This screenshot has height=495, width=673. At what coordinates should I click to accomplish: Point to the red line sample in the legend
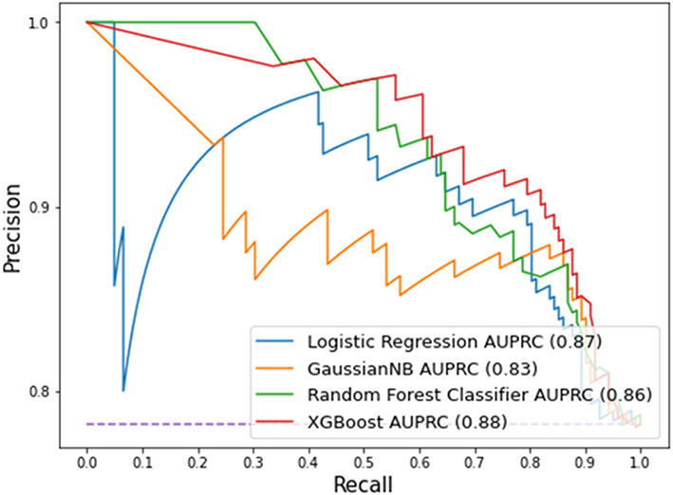point(279,418)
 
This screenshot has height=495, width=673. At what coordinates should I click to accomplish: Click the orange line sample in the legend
point(279,365)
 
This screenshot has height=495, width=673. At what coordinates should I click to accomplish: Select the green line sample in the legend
point(279,392)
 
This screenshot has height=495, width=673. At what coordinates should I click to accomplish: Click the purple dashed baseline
point(171,424)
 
